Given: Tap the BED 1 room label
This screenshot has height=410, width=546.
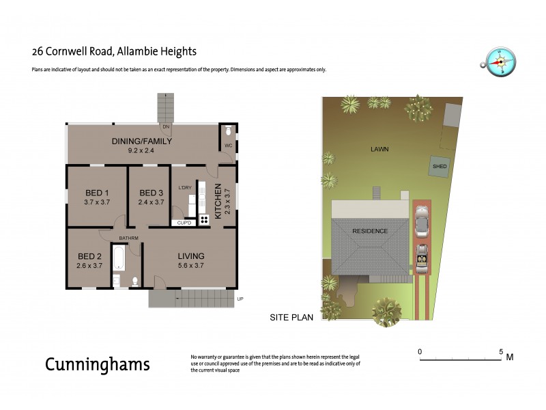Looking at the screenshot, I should point(97,192).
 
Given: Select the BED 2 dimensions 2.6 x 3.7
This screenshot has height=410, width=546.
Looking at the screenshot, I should point(89,266).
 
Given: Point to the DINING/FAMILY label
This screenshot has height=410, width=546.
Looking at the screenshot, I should point(142,141).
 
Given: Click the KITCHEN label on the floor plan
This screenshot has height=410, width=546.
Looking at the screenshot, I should point(218,201).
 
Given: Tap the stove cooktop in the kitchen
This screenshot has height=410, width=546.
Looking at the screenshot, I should point(204,220).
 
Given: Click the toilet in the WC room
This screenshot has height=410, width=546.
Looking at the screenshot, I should point(227,129).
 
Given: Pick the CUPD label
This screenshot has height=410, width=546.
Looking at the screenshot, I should point(184,223).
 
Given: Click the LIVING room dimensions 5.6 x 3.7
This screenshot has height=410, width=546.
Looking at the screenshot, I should point(191,266).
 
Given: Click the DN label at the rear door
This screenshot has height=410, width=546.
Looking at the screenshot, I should point(166,127).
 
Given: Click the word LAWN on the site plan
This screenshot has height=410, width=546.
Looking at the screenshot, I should point(379,148).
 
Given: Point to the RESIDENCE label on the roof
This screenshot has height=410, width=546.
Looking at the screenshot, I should point(370,231).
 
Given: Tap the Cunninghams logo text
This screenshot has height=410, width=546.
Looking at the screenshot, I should point(97,364).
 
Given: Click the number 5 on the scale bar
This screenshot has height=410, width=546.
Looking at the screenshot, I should point(502,351).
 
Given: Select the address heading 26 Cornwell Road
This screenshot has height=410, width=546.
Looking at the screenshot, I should point(115,51).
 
